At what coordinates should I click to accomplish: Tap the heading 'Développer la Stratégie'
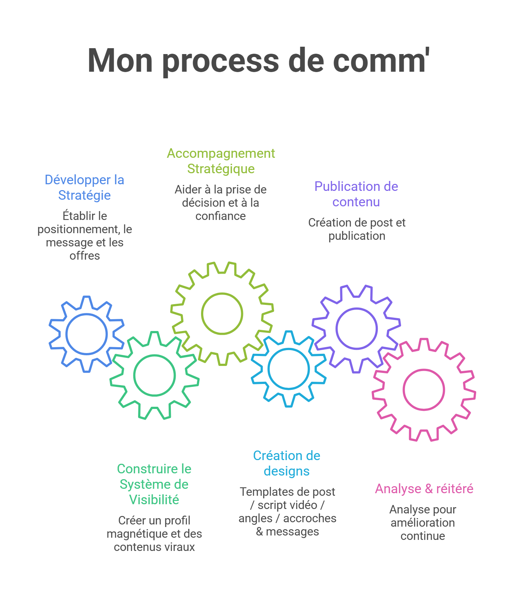tap(84, 188)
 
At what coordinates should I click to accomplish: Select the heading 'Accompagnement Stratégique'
tap(221, 161)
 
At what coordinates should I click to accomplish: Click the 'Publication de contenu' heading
tap(356, 194)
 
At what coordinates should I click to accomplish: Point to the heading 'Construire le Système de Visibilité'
tap(154, 484)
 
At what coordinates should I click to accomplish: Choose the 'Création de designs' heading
tap(286, 463)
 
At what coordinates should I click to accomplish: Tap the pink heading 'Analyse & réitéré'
tap(424, 489)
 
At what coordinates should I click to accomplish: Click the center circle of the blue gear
tap(87, 334)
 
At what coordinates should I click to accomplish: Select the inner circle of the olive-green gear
tap(222, 313)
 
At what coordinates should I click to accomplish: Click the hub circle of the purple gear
tap(356, 328)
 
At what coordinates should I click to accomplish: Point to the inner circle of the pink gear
tap(423, 389)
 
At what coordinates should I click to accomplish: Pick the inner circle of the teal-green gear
tap(154, 375)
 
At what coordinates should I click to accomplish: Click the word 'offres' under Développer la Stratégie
tap(85, 256)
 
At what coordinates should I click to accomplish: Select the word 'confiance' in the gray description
tap(220, 216)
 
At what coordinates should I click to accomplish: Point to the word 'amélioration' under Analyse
tap(423, 523)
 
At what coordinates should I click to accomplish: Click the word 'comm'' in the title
tap(381, 61)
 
